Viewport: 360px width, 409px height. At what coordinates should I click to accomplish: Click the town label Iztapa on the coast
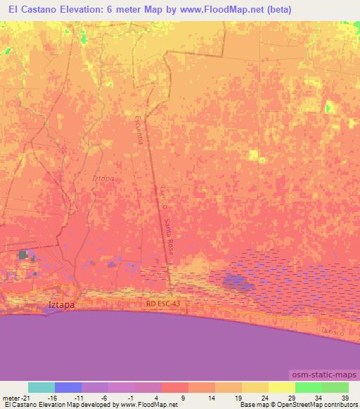[x=60, y=306]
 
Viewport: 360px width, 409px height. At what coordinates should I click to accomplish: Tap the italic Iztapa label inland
[x=103, y=178]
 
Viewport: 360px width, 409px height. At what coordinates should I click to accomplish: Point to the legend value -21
[x=28, y=397]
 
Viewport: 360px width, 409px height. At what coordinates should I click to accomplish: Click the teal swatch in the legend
[x=41, y=387]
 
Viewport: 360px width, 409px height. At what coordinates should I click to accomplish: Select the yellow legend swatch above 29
[x=282, y=387]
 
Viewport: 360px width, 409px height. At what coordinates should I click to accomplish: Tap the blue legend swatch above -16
[x=68, y=387]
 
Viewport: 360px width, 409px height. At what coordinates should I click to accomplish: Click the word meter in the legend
[x=11, y=397]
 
